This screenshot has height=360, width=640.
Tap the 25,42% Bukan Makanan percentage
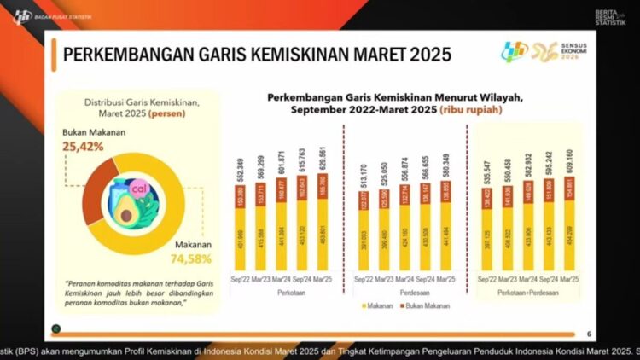click(x=85, y=147)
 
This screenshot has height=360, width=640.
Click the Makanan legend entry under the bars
click(x=376, y=304)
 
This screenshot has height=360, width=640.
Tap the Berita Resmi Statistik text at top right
click(x=609, y=16)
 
